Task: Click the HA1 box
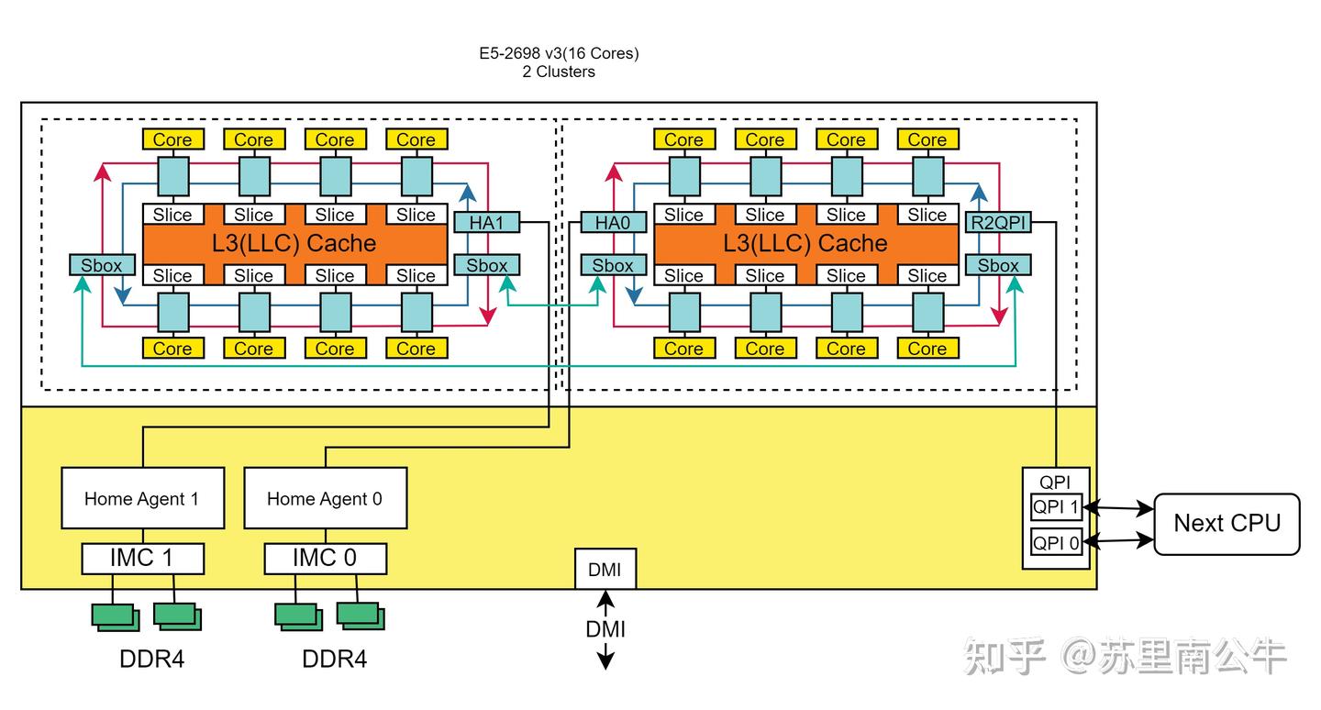[x=486, y=223]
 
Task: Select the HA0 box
[x=613, y=223]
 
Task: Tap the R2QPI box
[x=998, y=223]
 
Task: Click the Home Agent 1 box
[x=142, y=498]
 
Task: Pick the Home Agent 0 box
[x=325, y=498]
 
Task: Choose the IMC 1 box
[x=142, y=558]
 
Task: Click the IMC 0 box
[x=325, y=558]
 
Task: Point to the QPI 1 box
[x=1056, y=506]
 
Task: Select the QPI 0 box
[x=1056, y=543]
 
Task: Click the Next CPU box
[x=1227, y=523]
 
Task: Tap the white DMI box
[x=605, y=570]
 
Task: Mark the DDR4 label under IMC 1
[x=152, y=659]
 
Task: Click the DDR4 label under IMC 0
[x=335, y=659]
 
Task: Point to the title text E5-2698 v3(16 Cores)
[x=559, y=53]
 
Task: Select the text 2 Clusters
[x=559, y=72]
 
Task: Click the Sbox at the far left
[x=101, y=266]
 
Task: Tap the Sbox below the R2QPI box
[x=998, y=266]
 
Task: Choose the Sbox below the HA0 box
[x=613, y=266]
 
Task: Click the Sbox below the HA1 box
[x=486, y=266]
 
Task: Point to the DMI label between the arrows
[x=605, y=629]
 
